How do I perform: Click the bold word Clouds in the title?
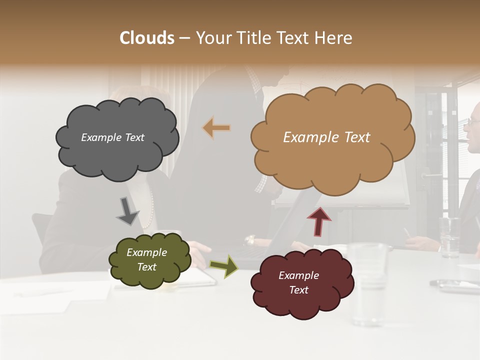click(147, 38)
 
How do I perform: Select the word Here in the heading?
click(334, 38)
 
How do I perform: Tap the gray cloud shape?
click(116, 137)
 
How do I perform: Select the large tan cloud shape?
click(332, 137)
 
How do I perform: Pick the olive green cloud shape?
click(149, 260)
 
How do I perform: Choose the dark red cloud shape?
click(302, 283)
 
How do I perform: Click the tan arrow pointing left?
click(216, 128)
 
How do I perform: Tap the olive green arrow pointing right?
click(223, 266)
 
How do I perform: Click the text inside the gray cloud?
click(112, 137)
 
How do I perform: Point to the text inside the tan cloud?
click(326, 137)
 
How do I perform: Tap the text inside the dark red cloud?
click(298, 283)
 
